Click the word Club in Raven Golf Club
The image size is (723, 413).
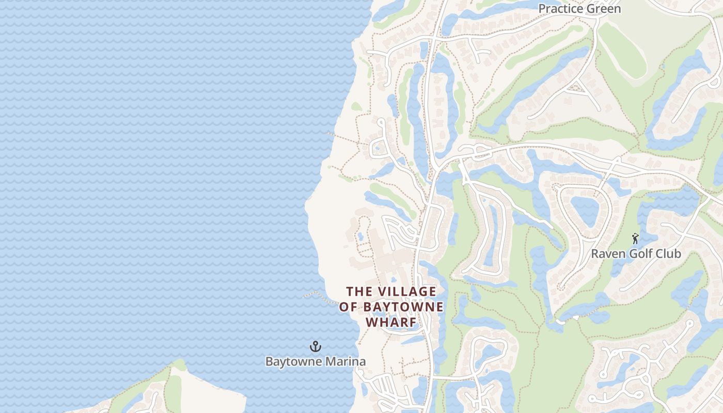(669, 254)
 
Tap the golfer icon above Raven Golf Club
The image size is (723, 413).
(635, 239)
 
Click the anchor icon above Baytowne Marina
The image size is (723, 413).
(315, 346)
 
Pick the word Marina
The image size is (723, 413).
(344, 361)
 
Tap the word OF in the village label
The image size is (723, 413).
(349, 307)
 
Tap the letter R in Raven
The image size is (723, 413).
(595, 254)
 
